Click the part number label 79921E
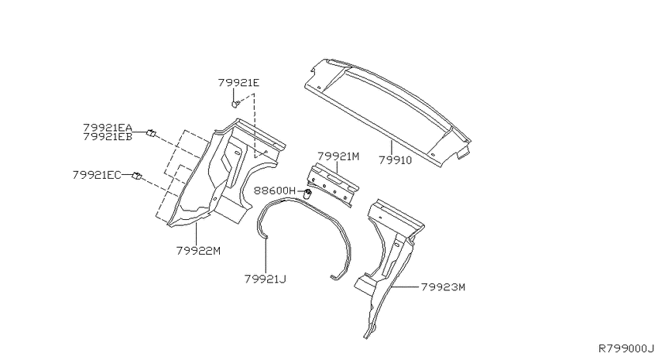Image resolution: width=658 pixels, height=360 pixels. pyautogui.click(x=238, y=83)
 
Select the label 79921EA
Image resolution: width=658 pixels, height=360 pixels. pyautogui.click(x=108, y=128)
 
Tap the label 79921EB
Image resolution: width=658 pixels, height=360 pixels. pyautogui.click(x=108, y=137)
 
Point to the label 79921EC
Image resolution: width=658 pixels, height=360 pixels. pyautogui.click(x=97, y=174)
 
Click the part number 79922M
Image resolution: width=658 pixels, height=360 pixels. pyautogui.click(x=198, y=251)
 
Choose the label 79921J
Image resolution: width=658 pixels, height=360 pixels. pyautogui.click(x=266, y=279)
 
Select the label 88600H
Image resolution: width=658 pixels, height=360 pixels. pyautogui.click(x=275, y=191)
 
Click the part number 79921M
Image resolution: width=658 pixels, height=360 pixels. pyautogui.click(x=338, y=156)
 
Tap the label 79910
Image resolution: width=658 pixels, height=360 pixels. pyautogui.click(x=396, y=159)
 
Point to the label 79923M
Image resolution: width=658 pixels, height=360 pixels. pyautogui.click(x=443, y=287)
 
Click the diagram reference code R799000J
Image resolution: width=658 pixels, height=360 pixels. pyautogui.click(x=626, y=348)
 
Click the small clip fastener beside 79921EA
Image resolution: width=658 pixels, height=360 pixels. pyautogui.click(x=151, y=133)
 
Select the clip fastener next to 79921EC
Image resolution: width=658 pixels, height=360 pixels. pyautogui.click(x=137, y=176)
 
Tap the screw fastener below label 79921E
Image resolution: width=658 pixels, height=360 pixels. pyautogui.click(x=236, y=103)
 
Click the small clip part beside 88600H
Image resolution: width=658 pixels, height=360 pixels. pyautogui.click(x=307, y=194)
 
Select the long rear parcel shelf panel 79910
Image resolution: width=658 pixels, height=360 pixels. pyautogui.click(x=388, y=111)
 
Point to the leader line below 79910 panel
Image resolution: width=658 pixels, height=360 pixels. pyautogui.click(x=392, y=148)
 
